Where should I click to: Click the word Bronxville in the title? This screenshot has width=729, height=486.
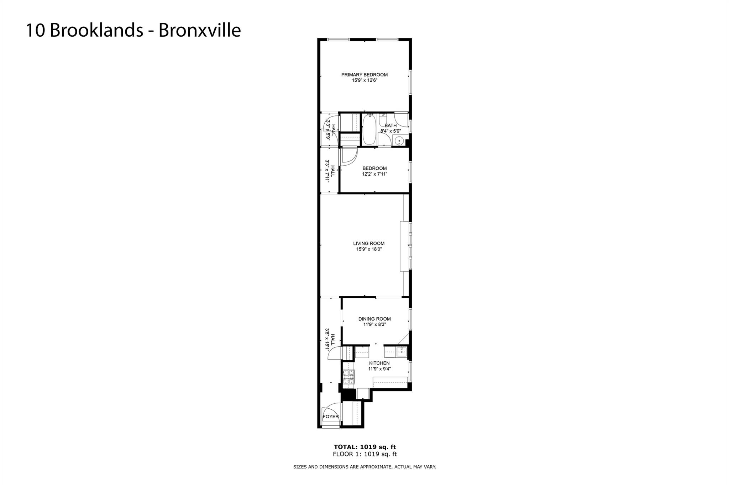[x=199, y=30]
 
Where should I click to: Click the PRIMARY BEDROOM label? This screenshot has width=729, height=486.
[x=364, y=75]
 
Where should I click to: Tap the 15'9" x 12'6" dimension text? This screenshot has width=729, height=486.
[x=364, y=81]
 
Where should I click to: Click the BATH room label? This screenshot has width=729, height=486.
[x=390, y=125]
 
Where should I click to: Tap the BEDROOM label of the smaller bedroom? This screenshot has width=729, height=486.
[x=374, y=169]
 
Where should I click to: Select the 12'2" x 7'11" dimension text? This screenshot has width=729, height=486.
[x=374, y=174]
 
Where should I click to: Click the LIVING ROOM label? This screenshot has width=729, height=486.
[x=369, y=244]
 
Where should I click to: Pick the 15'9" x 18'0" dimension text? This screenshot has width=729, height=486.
[x=369, y=249]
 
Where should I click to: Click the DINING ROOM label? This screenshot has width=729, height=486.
[x=374, y=319]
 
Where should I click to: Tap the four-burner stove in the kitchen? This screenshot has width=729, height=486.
[x=349, y=377]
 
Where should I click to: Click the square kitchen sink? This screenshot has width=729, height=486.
[x=401, y=352]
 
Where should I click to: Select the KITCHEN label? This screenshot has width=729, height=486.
[x=379, y=363]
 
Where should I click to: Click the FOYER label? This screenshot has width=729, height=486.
[x=331, y=417]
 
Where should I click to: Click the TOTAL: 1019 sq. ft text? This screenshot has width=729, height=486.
[x=364, y=447]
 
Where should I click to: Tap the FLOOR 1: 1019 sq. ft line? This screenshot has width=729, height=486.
[x=364, y=454]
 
